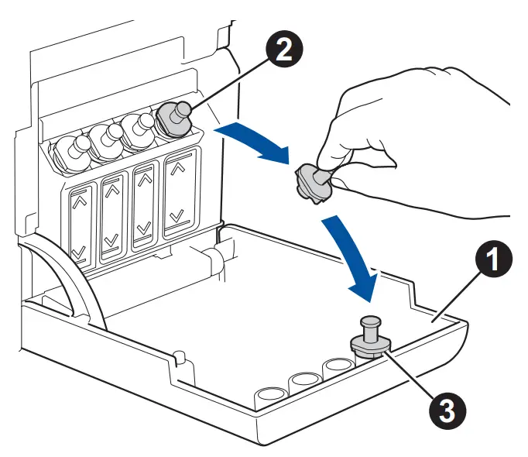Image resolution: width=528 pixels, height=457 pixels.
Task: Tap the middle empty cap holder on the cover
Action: coord(304,380)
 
